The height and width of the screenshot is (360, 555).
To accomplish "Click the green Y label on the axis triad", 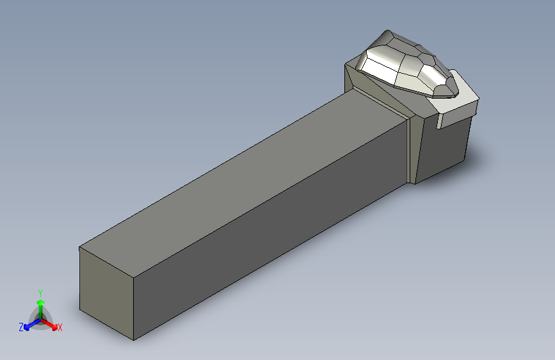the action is click(40, 293).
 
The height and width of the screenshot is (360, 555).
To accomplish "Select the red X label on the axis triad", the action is click(60, 327).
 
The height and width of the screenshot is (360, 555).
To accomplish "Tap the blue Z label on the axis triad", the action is click(21, 327).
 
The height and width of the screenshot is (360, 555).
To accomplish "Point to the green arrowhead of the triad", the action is click(41, 302).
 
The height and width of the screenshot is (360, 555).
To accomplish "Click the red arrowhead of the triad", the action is click(54, 326).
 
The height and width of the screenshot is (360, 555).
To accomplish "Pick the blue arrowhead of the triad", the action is click(26, 327).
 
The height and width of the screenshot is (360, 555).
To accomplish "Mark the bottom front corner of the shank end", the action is click(133, 340).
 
